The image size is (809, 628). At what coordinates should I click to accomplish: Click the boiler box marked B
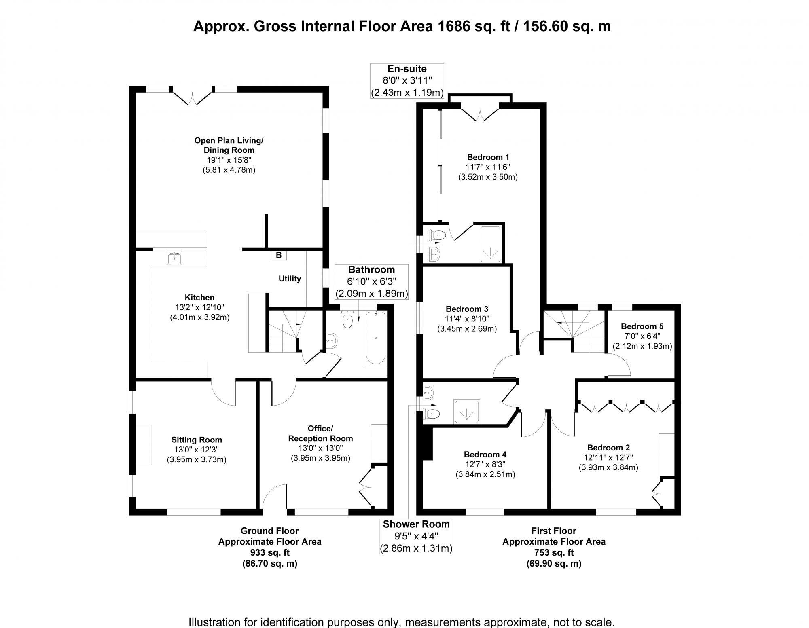[x=278, y=256]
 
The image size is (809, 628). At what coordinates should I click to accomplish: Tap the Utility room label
[x=290, y=279]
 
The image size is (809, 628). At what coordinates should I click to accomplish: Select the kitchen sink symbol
[x=175, y=258]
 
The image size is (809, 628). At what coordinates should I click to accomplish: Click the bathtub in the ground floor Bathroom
[x=376, y=338]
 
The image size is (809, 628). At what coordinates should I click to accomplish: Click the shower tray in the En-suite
[x=491, y=244]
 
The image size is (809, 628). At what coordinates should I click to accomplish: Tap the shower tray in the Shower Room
[x=468, y=412]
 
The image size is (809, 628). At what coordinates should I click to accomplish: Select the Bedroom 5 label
[x=642, y=326]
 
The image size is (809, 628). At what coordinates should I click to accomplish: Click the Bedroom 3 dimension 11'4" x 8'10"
[x=467, y=319]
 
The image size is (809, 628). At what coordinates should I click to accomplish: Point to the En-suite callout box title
[x=407, y=69]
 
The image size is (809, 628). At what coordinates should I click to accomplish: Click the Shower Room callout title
[x=416, y=524]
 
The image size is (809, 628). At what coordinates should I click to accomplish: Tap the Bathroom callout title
[x=371, y=270]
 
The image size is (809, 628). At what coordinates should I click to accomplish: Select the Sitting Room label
[x=197, y=440]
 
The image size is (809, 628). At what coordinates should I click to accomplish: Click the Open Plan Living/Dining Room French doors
[x=192, y=97]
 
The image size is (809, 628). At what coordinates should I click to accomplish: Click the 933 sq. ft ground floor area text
[x=270, y=552]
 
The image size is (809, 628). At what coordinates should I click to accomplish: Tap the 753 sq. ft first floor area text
[x=554, y=552]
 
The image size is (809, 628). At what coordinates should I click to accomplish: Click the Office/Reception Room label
[x=320, y=433]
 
